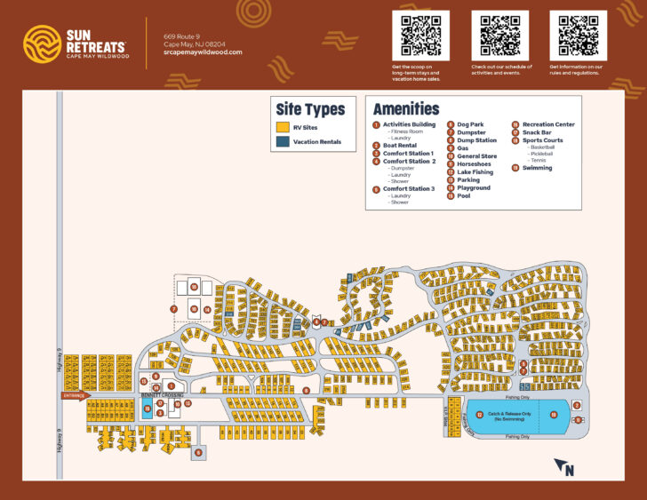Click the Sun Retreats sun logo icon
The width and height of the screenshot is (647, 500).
pyautogui.click(x=41, y=42)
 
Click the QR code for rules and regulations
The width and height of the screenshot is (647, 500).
pyautogui.click(x=578, y=36)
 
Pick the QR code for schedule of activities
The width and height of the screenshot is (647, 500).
pyautogui.click(x=499, y=36)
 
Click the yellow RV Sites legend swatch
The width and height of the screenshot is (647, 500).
pyautogui.click(x=282, y=127)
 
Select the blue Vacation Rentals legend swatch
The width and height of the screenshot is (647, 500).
pyautogui.click(x=282, y=141)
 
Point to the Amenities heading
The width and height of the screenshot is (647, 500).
pyautogui.click(x=405, y=108)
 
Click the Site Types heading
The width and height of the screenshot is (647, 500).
pyautogui.click(x=310, y=109)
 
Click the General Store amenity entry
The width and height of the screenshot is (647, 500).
pyautogui.click(x=476, y=156)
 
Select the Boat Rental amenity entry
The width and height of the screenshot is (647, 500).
pyautogui.click(x=400, y=146)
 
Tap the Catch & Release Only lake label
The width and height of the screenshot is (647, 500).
pyautogui.click(x=510, y=415)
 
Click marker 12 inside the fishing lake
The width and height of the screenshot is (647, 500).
pyautogui.click(x=480, y=415)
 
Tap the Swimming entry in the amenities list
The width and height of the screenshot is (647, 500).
pyautogui.click(x=537, y=168)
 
